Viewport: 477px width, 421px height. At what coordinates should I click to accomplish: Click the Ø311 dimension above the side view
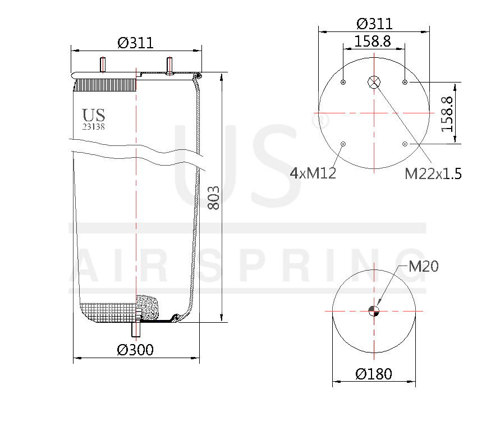135,43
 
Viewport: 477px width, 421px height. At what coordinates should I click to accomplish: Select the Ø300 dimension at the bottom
135,350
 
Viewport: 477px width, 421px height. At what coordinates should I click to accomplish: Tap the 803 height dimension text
214,197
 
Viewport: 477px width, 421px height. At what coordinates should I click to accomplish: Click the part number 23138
94,127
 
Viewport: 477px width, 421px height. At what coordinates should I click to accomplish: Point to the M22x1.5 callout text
433,174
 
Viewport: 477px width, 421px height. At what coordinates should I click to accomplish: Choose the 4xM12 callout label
313,173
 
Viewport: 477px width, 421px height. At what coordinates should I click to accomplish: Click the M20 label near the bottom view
423,267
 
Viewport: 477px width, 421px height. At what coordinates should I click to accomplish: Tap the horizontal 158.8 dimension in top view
373,42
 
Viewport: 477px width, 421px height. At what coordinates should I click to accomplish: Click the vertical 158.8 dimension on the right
447,113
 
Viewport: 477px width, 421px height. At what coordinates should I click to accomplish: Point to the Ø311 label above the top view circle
374,24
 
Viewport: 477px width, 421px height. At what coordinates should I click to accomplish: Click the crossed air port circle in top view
374,83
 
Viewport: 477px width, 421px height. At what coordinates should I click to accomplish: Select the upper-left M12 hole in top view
343,83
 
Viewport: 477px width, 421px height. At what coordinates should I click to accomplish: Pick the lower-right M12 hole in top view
405,144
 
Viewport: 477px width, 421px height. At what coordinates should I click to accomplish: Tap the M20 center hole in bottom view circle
374,311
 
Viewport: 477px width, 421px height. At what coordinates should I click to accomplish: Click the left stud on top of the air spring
103,65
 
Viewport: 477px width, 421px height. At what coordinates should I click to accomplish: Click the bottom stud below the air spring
135,329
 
